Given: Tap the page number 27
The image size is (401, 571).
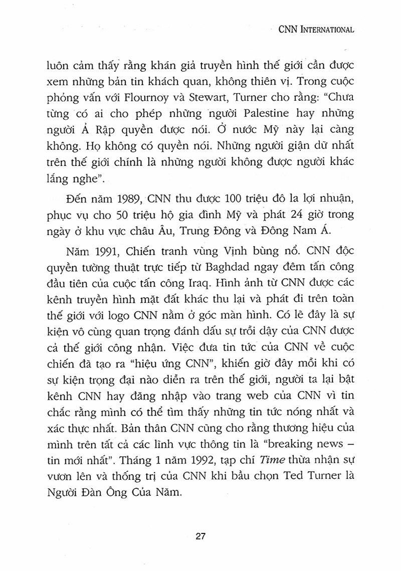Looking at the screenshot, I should (x=200, y=536).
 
